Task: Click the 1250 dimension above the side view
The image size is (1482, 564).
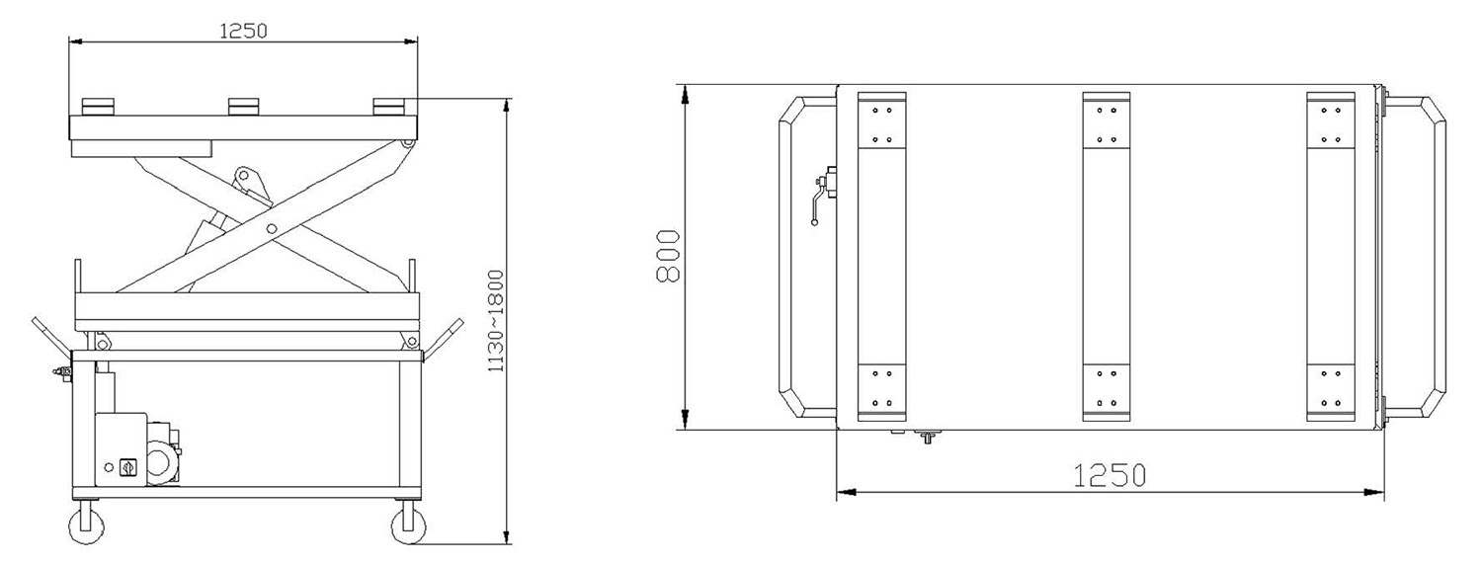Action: (243, 31)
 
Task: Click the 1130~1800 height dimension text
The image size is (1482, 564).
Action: (496, 321)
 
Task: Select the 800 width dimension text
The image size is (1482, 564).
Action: (667, 257)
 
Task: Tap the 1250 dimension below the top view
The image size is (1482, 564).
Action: (1109, 475)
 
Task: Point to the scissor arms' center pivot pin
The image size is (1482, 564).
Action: (272, 229)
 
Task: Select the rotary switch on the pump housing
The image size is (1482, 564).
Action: (125, 468)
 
